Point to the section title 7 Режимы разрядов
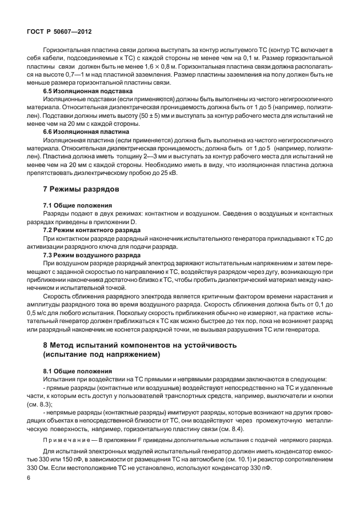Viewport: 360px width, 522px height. pos(81,189)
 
